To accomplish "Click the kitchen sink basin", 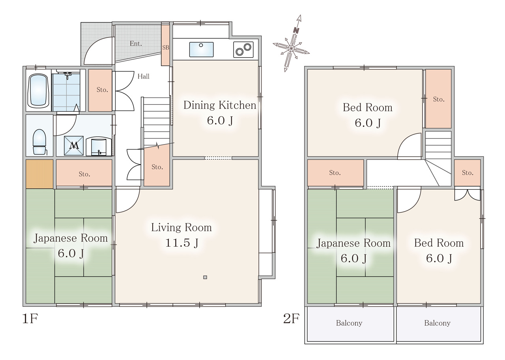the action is click(201, 49).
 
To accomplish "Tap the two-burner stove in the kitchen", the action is click(243, 50).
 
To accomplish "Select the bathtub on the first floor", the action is click(38, 91).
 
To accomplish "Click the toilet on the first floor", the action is click(39, 142).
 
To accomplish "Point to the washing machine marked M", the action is click(74, 146).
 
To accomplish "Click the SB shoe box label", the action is click(166, 48).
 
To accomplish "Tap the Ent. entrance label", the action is click(136, 43).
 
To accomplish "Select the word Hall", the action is click(143, 77).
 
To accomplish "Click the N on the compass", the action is click(296, 30).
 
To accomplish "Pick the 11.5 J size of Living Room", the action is click(182, 243).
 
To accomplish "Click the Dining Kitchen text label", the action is click(220, 105).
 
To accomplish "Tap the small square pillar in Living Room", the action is click(205, 277).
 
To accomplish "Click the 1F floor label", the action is click(30, 319).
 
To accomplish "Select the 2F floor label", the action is click(291, 319).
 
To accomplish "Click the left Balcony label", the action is click(349, 323).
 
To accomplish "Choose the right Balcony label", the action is click(437, 323).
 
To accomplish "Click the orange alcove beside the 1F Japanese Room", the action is click(39, 174).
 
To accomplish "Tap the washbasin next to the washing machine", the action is click(99, 146).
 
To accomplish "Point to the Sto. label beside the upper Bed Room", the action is click(438, 99).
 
